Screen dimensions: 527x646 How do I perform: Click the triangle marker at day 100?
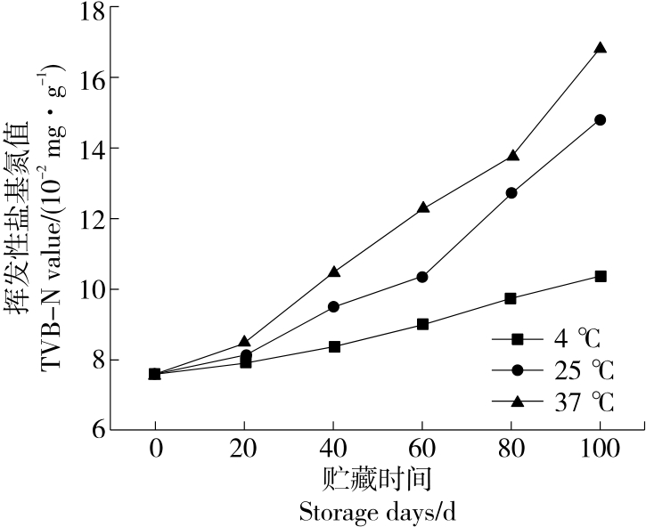pos(601,48)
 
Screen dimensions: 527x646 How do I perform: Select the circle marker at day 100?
pos(601,119)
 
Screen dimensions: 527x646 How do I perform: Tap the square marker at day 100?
pos(601,276)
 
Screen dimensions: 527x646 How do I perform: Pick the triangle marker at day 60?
pos(422,207)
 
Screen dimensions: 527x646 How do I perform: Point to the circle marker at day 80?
pos(511,192)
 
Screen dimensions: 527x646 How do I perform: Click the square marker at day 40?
pos(334,346)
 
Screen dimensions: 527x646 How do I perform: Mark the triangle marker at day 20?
pos(245,342)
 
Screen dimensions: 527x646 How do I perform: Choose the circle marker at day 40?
pos(334,306)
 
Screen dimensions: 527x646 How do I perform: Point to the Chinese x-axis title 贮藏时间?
pos(379,480)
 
